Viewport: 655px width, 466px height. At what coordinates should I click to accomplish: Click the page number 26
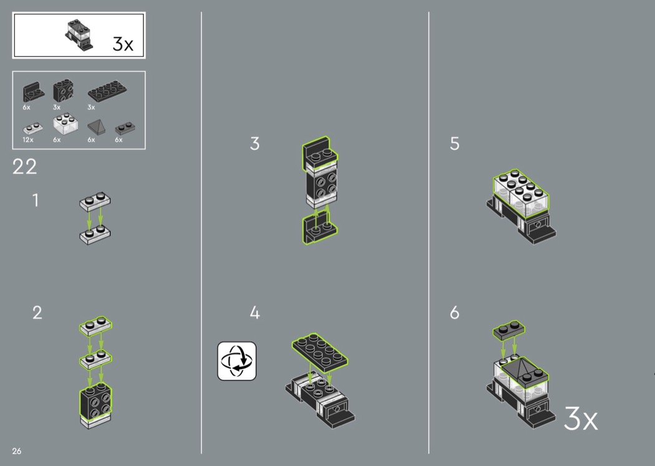tap(17, 451)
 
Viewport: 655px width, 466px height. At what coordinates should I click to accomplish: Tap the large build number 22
tap(25, 167)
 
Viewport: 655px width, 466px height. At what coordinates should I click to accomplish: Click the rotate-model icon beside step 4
tap(237, 361)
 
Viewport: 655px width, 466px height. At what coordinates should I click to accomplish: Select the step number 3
tap(255, 144)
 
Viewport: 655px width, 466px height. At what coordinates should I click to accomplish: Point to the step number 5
tap(455, 144)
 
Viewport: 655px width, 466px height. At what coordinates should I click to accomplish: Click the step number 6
tap(455, 312)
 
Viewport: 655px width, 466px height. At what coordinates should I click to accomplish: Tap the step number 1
tap(36, 200)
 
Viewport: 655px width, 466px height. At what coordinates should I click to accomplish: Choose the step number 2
tap(37, 312)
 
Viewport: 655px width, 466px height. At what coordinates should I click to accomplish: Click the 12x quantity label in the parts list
tap(28, 140)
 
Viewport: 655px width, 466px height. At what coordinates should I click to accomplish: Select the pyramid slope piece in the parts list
tap(96, 126)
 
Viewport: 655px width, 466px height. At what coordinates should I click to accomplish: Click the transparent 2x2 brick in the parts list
tap(65, 124)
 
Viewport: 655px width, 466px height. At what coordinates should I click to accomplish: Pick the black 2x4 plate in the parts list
tap(107, 91)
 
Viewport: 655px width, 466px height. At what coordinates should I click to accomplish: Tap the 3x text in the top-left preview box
tap(123, 44)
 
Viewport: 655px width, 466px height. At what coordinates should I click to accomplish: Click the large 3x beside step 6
tap(581, 418)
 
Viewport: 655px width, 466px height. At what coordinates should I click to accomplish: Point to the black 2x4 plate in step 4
tap(320, 353)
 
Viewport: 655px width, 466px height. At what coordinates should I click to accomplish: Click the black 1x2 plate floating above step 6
tap(509, 330)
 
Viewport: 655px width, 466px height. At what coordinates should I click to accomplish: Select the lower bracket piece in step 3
tap(319, 229)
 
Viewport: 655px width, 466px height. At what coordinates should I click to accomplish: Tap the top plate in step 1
tap(95, 202)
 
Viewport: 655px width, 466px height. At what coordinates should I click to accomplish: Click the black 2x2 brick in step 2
tap(95, 402)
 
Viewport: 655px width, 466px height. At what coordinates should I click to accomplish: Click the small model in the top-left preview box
tap(79, 35)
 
